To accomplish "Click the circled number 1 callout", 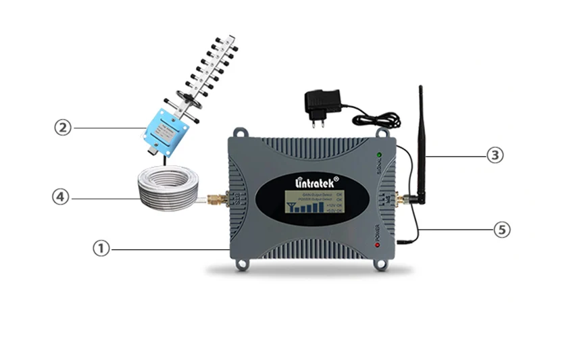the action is (x=101, y=249).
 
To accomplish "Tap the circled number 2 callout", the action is (x=63, y=127).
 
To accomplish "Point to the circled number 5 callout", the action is (x=501, y=230).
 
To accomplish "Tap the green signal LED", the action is (x=380, y=156).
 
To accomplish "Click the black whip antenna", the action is (x=420, y=142).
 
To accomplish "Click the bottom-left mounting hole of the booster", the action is (x=240, y=265).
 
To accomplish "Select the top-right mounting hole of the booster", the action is (x=382, y=131).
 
